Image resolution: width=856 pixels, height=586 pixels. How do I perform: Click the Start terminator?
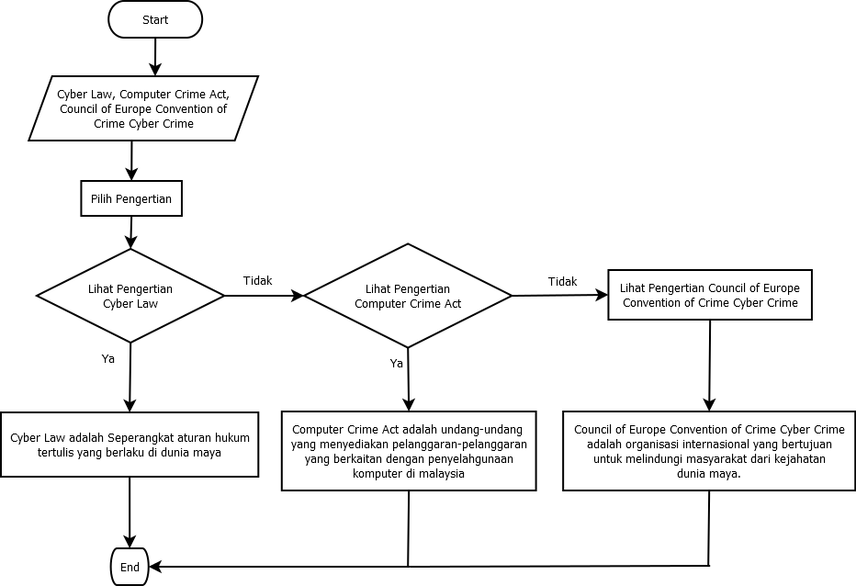point(154,20)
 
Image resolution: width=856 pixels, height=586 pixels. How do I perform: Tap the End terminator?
point(130,567)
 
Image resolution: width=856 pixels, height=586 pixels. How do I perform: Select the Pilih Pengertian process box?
point(131,198)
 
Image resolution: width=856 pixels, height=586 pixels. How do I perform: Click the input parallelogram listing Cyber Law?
point(143,108)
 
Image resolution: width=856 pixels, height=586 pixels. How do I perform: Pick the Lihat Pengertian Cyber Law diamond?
point(130,295)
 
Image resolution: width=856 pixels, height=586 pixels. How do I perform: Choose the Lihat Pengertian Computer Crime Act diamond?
point(408,296)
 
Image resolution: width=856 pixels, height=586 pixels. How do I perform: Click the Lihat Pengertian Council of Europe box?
point(709,295)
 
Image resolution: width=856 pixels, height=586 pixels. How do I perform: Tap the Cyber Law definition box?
point(130,445)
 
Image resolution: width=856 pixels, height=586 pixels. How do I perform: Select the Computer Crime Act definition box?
point(409,451)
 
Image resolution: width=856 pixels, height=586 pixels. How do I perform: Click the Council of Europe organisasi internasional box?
point(709,451)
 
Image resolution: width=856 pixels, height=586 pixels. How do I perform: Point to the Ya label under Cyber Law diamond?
point(108,359)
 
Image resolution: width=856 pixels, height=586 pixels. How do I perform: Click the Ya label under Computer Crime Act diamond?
point(397,364)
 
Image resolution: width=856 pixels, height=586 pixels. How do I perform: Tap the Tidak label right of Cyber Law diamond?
point(257,280)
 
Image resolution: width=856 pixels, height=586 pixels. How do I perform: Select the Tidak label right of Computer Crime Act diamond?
point(562,281)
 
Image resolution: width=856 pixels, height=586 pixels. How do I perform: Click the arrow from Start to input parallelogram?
point(154,57)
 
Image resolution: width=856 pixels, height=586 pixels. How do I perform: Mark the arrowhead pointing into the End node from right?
point(155,567)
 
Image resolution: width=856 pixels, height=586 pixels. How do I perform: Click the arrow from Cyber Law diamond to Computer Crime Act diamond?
point(264,296)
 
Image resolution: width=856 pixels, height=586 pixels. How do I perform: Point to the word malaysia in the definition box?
point(436,474)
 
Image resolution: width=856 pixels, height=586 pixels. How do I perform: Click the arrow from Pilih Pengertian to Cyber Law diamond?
point(131,232)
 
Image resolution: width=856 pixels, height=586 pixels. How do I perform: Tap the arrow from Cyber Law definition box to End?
point(130,512)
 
